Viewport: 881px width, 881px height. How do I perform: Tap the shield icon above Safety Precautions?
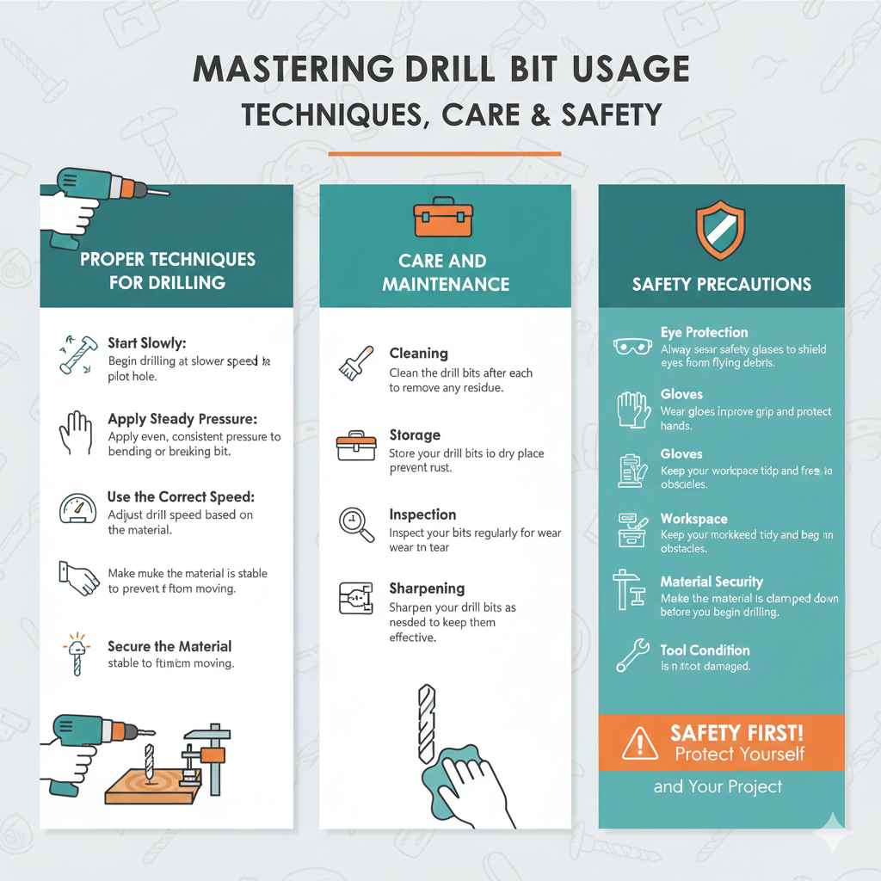pos(719,230)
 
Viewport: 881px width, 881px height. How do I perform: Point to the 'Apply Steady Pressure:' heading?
pos(182,419)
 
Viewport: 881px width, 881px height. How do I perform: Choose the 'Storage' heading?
pos(415,435)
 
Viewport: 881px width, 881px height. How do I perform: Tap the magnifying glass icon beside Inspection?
pos(356,525)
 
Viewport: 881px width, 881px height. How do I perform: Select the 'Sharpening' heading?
pos(427,588)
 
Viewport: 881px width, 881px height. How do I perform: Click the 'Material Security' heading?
pos(712,582)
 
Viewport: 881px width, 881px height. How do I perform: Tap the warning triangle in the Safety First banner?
pos(638,742)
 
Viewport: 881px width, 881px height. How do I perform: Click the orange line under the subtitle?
pos(444,154)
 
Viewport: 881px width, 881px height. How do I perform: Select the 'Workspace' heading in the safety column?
pos(693,519)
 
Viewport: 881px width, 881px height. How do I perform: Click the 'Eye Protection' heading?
pos(704,332)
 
